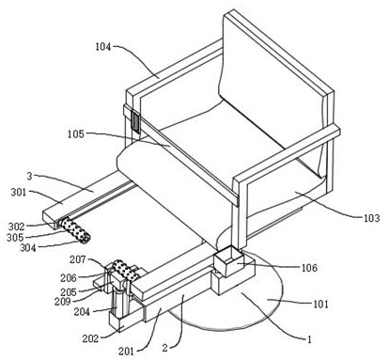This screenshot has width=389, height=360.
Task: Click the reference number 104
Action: (103, 47)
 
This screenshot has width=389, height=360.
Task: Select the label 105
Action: (76, 134)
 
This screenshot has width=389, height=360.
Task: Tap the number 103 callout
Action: (371, 218)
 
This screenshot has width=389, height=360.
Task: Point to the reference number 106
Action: (309, 268)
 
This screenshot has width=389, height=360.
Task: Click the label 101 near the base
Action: (320, 304)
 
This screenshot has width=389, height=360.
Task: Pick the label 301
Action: (19, 192)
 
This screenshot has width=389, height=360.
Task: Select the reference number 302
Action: (16, 227)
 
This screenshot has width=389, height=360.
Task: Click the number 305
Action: (15, 238)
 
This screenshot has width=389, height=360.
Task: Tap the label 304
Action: (28, 248)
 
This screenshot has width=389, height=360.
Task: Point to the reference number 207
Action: (78, 259)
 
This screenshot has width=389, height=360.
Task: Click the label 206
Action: (69, 278)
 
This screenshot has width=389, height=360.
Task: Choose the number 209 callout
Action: (62, 302)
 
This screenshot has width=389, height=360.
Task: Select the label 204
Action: (82, 312)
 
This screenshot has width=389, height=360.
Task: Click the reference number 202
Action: (90, 338)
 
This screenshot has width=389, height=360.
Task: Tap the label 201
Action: (126, 352)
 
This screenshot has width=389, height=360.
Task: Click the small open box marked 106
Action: (228, 261)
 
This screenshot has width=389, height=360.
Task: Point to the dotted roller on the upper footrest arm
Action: (75, 230)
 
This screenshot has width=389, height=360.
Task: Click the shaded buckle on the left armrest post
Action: (135, 122)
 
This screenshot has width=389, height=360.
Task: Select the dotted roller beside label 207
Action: (126, 271)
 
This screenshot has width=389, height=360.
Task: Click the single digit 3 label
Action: (29, 176)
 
